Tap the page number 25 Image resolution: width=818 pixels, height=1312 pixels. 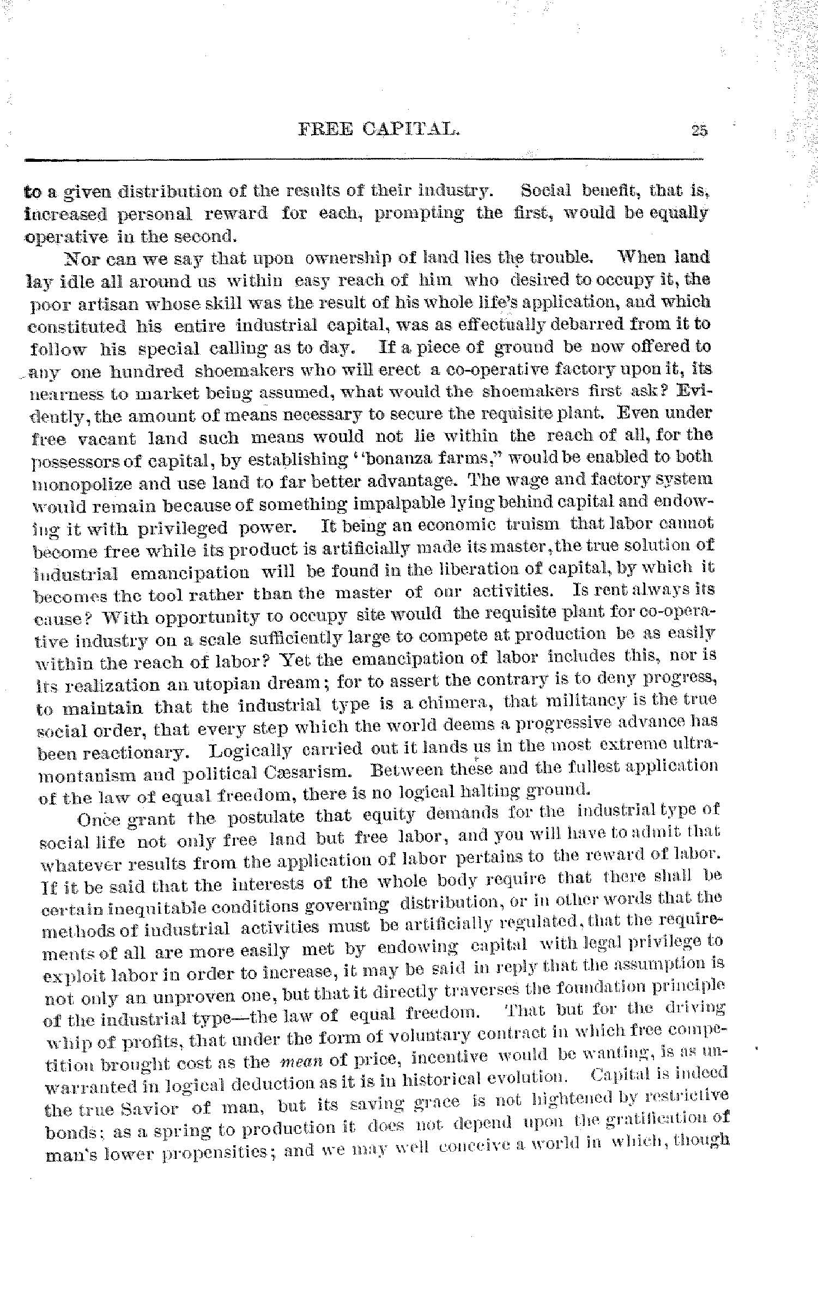[699, 130]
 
